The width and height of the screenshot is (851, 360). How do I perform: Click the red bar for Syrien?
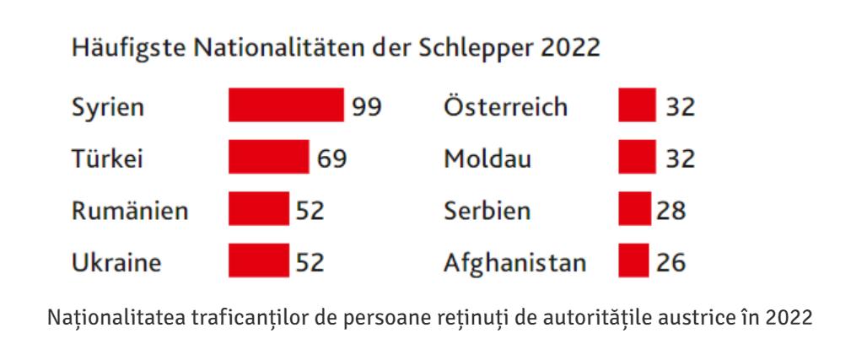[x=286, y=105]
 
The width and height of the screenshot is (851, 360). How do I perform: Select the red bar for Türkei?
[x=268, y=157]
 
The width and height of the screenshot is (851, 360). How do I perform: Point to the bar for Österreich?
[x=636, y=105]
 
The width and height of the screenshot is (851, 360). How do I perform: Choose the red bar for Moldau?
[x=636, y=157]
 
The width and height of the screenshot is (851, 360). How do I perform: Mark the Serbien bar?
[x=634, y=209]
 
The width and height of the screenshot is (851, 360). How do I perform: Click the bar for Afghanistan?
[x=633, y=261]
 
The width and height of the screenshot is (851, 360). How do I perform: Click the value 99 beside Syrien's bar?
[x=368, y=107]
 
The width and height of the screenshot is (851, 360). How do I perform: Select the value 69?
[x=332, y=159]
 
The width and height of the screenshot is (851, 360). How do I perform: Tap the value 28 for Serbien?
[x=672, y=210]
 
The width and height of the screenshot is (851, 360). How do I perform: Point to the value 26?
[x=672, y=262]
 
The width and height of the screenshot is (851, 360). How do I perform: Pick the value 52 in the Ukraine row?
[x=310, y=262]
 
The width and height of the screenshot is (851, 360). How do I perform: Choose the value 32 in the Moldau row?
[x=681, y=159]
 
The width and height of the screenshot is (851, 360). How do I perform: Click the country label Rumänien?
[x=129, y=210]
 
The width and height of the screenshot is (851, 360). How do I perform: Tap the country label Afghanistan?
[x=514, y=262]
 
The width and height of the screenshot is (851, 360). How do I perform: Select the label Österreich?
[x=505, y=107]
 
